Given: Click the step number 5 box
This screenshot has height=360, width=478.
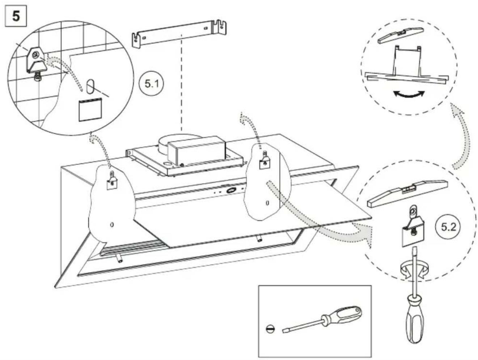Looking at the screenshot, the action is pyautogui.click(x=16, y=16).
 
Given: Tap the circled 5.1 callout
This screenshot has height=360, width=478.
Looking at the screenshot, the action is pyautogui.click(x=152, y=84).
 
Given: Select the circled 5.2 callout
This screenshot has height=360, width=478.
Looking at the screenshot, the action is pyautogui.click(x=448, y=228).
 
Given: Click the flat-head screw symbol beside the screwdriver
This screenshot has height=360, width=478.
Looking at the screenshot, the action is pyautogui.click(x=270, y=329).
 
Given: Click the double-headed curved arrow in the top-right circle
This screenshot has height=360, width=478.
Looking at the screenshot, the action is pyautogui.click(x=409, y=94).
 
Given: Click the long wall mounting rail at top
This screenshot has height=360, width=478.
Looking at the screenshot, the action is pyautogui.click(x=179, y=33).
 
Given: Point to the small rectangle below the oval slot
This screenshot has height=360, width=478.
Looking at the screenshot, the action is pyautogui.click(x=90, y=110).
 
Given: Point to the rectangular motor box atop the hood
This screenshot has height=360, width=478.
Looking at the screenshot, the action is pyautogui.click(x=197, y=150).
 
